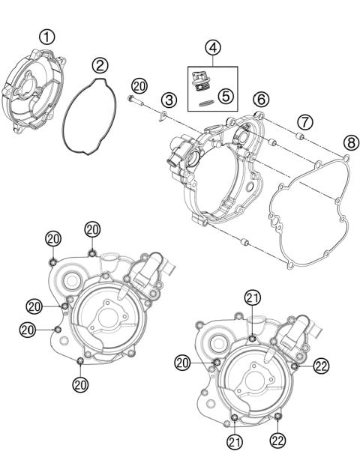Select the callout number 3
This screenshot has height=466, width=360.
pyautogui.click(x=170, y=99)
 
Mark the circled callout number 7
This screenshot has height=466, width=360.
pyautogui.click(x=303, y=121)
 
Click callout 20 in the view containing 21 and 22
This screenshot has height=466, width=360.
pyautogui.click(x=182, y=363)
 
